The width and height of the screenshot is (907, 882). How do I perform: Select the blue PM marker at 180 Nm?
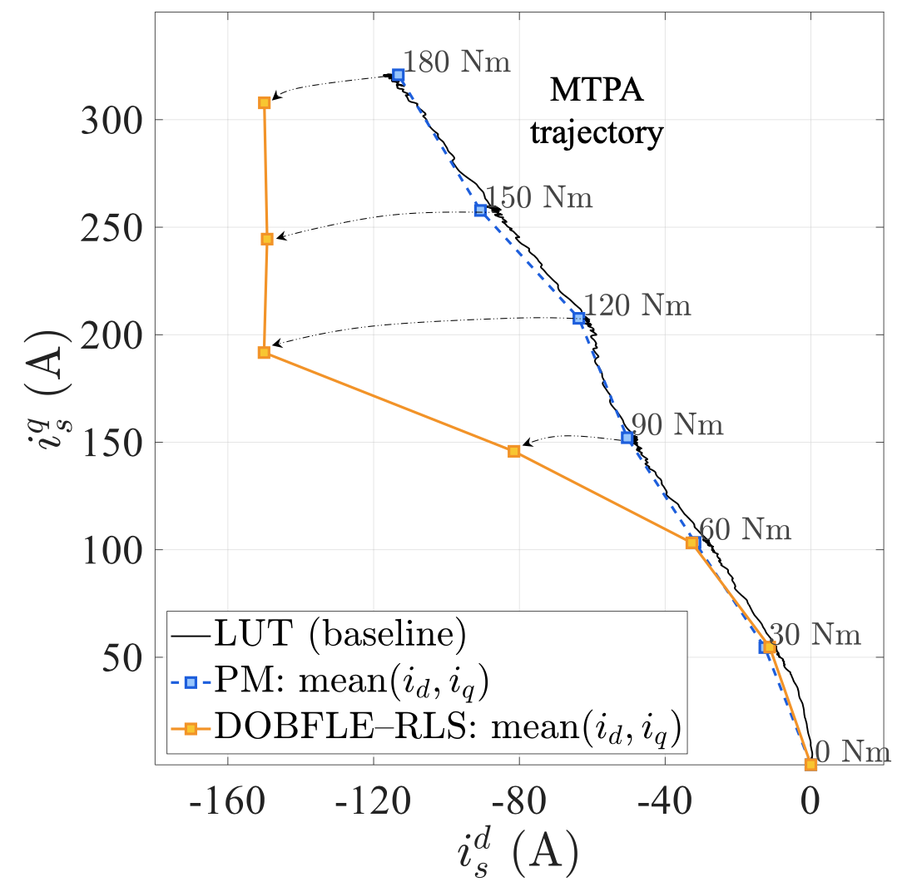[398, 75]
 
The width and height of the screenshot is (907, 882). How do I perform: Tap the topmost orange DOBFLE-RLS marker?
[264, 102]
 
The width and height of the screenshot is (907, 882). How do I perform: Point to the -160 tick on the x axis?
[227, 804]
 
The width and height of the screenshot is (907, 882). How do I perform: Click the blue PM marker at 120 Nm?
[579, 318]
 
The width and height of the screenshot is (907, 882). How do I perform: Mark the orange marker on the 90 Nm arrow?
[513, 451]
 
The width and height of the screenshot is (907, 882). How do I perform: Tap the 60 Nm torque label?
[745, 528]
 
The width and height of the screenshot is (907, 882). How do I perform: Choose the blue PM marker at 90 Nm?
[627, 438]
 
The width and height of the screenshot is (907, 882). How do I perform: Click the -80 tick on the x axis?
[518, 804]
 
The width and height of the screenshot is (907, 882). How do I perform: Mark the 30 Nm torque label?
[813, 635]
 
